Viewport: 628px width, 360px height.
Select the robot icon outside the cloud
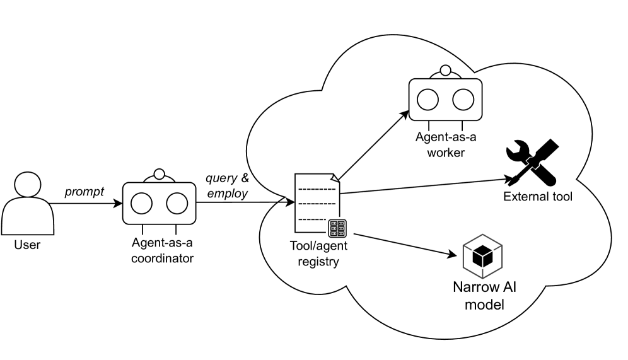pyautogui.click(x=159, y=200)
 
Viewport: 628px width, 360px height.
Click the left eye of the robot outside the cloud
pyautogui.click(x=141, y=203)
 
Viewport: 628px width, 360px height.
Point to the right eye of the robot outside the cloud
pyautogui.click(x=177, y=203)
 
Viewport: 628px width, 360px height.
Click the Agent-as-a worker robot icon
pyautogui.click(x=446, y=98)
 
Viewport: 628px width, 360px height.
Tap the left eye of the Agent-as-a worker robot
pyautogui.click(x=428, y=99)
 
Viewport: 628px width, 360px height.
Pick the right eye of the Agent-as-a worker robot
pyautogui.click(x=464, y=99)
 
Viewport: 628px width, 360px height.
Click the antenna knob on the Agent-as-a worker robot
pyautogui.click(x=446, y=71)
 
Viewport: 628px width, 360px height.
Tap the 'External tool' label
pyautogui.click(x=538, y=197)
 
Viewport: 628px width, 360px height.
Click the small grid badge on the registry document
pyautogui.click(x=337, y=228)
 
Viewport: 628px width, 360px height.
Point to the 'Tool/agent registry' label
pyautogui.click(x=318, y=253)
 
